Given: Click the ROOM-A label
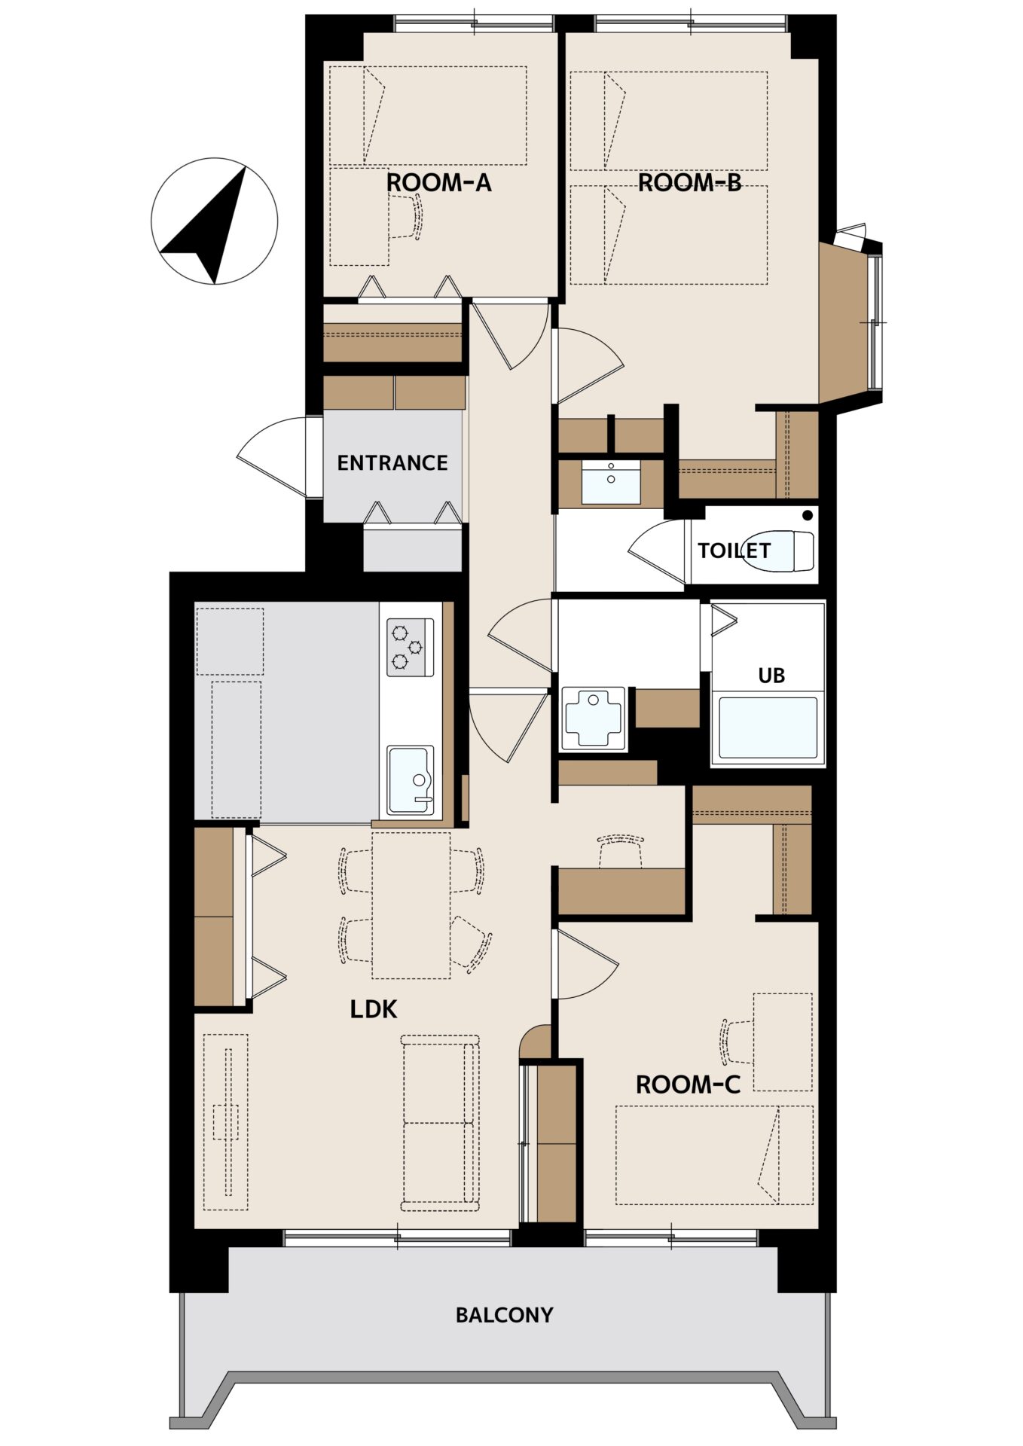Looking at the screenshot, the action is tap(438, 182).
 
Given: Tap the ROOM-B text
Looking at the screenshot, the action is tap(689, 182).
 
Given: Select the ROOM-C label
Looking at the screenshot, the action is tap(688, 1084).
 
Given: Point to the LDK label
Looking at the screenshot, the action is tap(374, 1009).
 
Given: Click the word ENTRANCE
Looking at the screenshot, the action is tap(392, 462).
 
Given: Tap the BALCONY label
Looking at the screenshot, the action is tap(504, 1315).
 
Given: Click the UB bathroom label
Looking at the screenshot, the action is tap(771, 676).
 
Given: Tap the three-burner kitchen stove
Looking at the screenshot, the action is tap(411, 647).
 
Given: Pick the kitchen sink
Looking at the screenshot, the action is tap(411, 781).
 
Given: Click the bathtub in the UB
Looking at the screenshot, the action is tap(768, 728).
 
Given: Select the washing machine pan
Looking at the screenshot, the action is tap(594, 718).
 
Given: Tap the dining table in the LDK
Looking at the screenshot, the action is tap(411, 905).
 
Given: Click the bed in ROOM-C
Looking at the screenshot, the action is tap(714, 1155).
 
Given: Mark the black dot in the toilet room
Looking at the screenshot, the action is tap(808, 516).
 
